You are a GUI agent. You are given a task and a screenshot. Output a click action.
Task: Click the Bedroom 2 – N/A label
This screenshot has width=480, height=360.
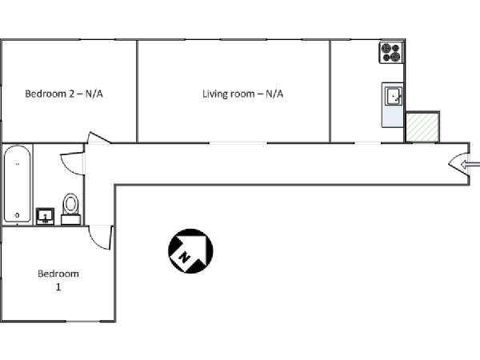64,94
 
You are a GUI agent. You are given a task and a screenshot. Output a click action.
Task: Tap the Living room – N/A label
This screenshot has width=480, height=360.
242,94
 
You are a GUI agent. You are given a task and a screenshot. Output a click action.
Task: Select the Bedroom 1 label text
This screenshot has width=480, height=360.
58,280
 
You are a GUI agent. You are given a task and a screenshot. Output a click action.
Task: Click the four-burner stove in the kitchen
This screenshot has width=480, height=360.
391,53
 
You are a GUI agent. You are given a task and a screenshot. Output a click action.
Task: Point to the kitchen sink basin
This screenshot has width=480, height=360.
394,96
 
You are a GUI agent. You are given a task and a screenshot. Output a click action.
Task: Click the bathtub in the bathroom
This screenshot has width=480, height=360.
17,184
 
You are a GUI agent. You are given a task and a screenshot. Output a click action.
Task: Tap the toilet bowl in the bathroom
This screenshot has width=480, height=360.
70,204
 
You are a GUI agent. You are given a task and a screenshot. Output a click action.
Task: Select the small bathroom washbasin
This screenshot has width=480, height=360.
46,217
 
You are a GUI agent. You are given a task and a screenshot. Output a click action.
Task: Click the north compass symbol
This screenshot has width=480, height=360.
190,250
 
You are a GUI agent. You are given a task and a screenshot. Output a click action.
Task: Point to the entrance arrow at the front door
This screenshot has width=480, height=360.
470,165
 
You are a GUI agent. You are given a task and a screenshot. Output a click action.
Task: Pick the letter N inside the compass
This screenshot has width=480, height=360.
185,257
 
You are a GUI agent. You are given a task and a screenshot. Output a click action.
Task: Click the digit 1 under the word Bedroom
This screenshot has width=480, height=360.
58,287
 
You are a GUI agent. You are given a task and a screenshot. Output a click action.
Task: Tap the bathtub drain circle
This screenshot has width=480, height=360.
17,215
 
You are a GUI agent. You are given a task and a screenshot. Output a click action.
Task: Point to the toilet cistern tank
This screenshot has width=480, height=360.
70,220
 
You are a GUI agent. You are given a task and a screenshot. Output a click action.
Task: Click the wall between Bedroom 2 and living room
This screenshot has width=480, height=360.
137,91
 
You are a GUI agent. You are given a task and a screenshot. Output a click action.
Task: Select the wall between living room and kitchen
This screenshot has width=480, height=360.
330,91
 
